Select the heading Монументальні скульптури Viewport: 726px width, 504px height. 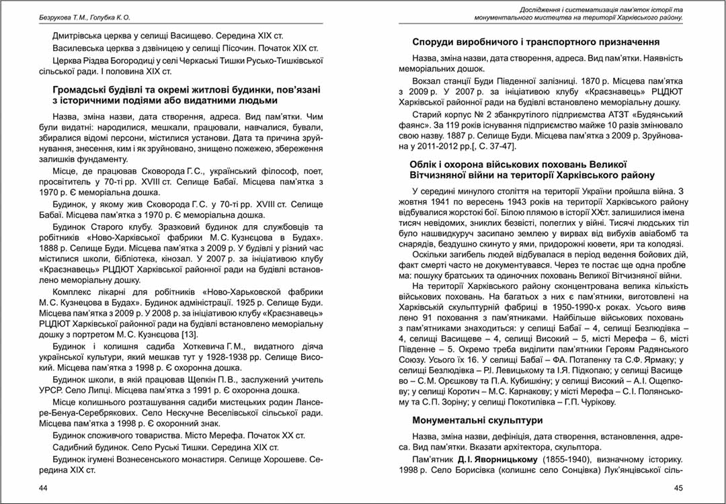477,421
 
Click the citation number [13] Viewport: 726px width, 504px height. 188,335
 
